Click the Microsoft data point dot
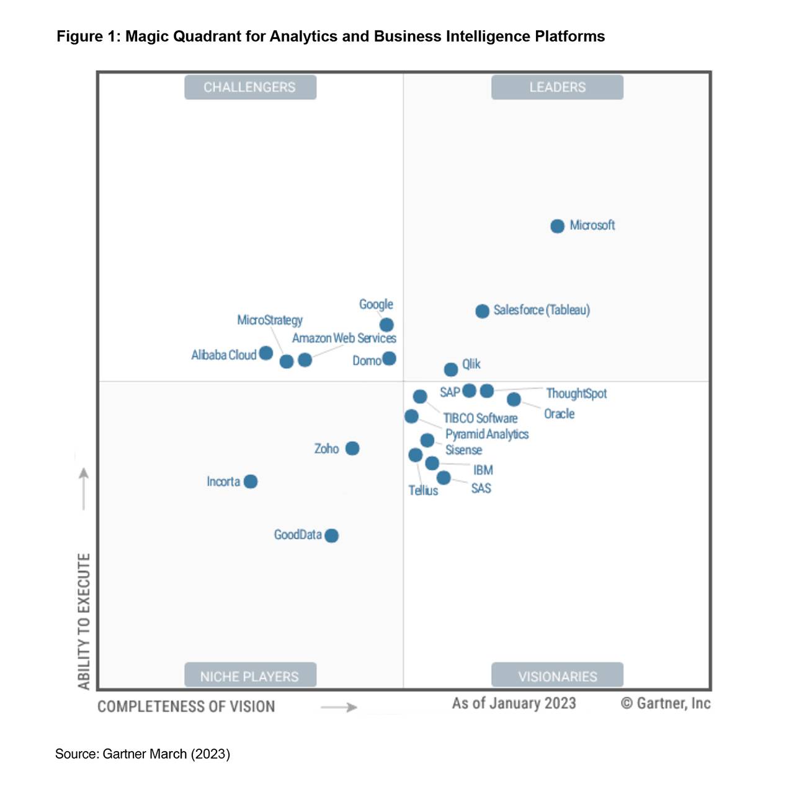(557, 226)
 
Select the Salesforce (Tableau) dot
(482, 311)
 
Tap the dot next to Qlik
(451, 369)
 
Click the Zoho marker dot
(352, 448)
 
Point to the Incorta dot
(251, 481)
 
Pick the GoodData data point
(331, 535)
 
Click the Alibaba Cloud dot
(266, 353)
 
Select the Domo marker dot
(389, 358)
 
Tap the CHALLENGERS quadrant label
(250, 87)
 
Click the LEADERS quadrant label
(557, 87)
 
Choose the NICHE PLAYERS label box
(250, 675)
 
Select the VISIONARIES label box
(557, 675)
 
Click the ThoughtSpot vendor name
(576, 394)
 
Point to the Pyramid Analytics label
(487, 434)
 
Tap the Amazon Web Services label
(344, 338)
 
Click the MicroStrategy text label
(270, 320)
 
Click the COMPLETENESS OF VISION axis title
(186, 706)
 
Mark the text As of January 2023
(514, 703)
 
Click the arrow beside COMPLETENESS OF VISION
(339, 707)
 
